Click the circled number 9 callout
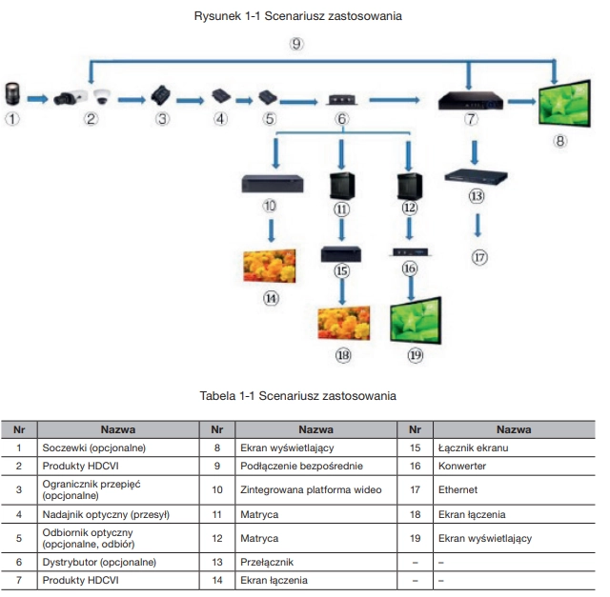[x=296, y=44]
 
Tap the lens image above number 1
[x=12, y=93]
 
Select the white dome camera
[x=102, y=96]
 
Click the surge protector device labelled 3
[x=161, y=95]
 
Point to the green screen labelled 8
[x=564, y=103]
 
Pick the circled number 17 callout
[x=479, y=257]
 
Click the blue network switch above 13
[x=476, y=176]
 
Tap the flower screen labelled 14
[x=270, y=266]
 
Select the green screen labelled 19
[x=416, y=320]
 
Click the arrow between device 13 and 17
[x=478, y=226]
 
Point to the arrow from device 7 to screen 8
[x=521, y=102]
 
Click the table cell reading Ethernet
[x=457, y=489]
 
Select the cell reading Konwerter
[x=462, y=466]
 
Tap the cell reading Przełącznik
[x=267, y=562]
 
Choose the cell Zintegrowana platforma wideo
[x=311, y=489]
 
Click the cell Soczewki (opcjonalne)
[x=93, y=448]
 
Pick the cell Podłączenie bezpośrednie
[x=301, y=466]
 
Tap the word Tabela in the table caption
[x=217, y=396]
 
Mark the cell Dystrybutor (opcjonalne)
[x=99, y=562]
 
